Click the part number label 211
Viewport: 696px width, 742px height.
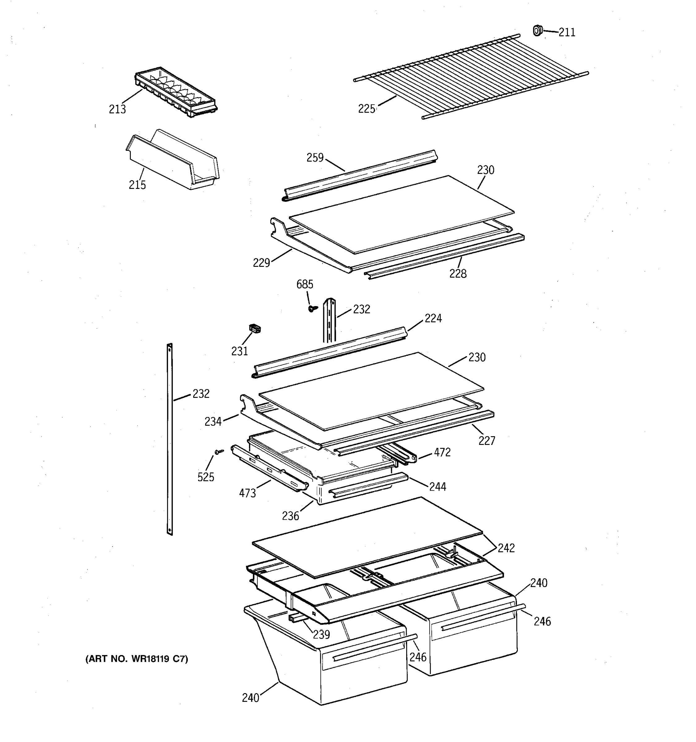(567, 33)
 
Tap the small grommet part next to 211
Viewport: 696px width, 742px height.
(537, 31)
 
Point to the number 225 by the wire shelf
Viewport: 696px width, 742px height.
(367, 109)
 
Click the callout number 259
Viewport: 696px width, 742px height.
(315, 158)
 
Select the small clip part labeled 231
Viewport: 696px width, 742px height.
(255, 328)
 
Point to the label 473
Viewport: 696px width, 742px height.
(247, 493)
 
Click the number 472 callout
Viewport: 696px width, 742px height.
(442, 453)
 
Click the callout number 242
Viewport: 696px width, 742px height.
(506, 548)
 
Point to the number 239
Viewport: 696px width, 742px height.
(321, 634)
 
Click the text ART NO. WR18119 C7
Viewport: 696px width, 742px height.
(137, 659)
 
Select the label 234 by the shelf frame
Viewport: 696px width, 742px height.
(213, 422)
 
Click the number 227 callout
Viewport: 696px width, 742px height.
(487, 441)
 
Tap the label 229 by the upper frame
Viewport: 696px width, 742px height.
(261, 263)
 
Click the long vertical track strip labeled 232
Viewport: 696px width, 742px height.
(170, 439)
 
